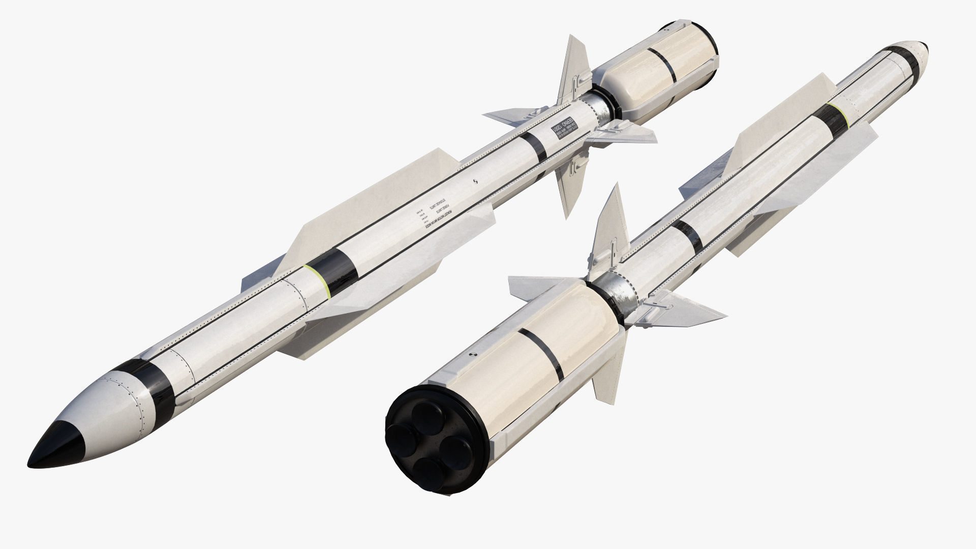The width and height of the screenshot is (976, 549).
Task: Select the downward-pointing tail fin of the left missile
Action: [567, 188]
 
